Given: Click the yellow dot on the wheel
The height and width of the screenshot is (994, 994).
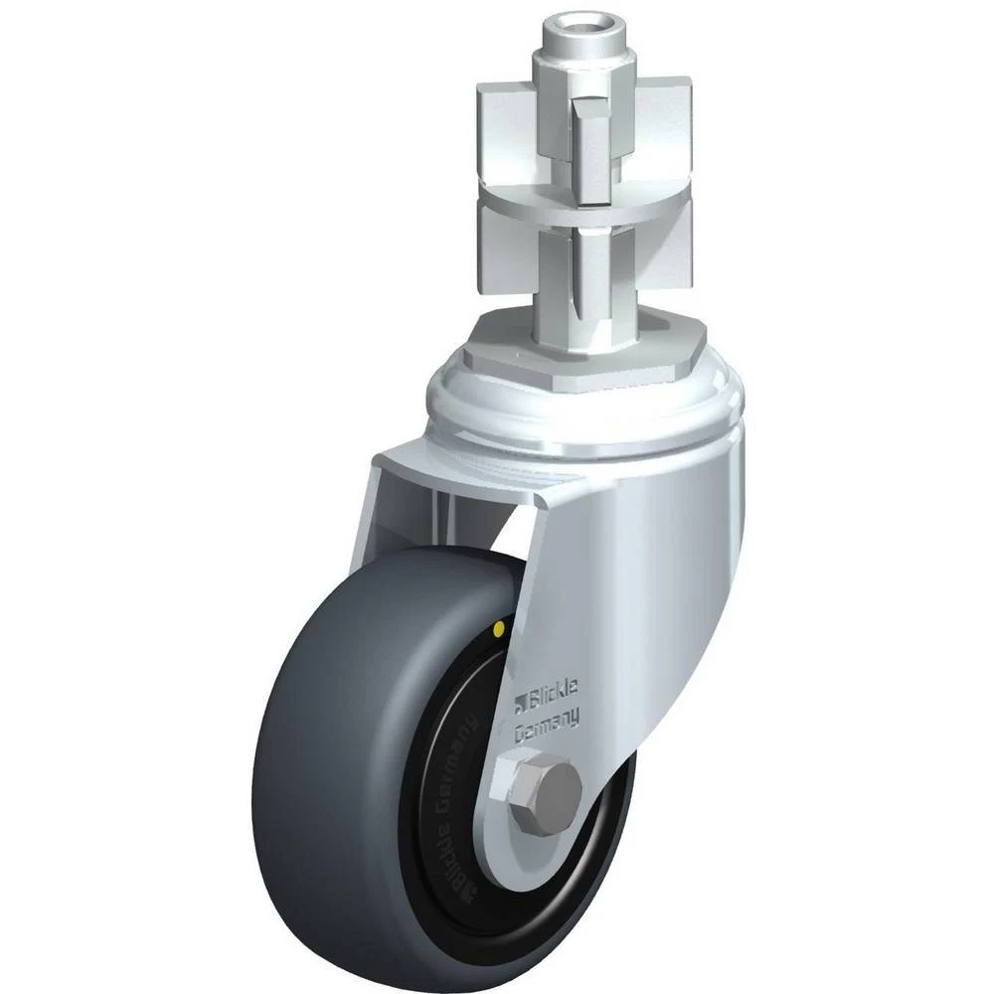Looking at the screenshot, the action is pos(499,628).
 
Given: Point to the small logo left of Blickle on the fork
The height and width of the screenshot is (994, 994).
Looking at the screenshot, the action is pos(521,704).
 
